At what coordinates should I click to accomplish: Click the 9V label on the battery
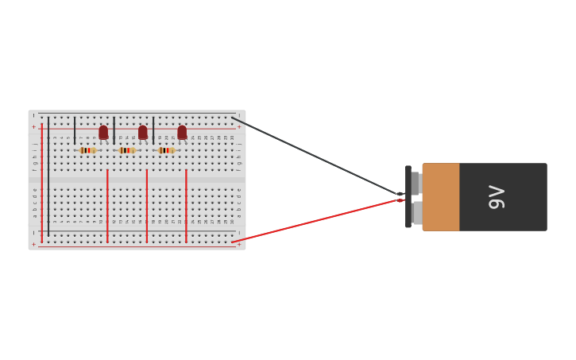point(497,197)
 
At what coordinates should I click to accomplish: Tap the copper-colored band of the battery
point(441,197)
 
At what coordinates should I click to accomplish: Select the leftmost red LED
point(103,132)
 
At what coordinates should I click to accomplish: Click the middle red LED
point(143,132)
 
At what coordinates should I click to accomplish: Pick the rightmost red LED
point(182,132)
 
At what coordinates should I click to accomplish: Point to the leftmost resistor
point(87,150)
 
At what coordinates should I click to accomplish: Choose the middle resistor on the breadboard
point(127,150)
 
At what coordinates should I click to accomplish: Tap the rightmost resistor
point(166,150)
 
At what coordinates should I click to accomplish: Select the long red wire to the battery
point(318,220)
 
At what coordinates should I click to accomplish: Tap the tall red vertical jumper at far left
point(41,183)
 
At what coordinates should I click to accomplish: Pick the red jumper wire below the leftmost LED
point(107,205)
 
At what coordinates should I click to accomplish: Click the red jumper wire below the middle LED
point(147,205)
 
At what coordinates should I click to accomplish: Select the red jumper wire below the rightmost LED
point(186,205)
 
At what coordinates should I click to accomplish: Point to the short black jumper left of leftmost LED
point(75,130)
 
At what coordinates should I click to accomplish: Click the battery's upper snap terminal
point(415,184)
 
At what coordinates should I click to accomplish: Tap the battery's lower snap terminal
point(416,213)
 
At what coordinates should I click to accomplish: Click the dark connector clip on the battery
point(408,197)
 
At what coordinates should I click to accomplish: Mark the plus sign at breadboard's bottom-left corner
point(33,244)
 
